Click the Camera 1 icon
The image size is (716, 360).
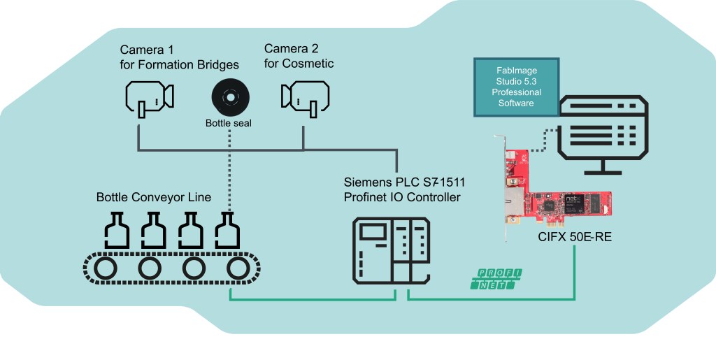pos(148,97)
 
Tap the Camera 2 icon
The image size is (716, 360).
pos(304,97)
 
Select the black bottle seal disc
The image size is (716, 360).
pos(228,96)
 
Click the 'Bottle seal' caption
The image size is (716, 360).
pos(228,124)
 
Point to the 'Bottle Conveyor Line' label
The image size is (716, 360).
pos(153,197)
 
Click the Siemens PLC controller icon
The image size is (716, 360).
pos(390,250)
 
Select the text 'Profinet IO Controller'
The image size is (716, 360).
pos(402,198)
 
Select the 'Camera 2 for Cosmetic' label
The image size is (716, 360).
pos(299,57)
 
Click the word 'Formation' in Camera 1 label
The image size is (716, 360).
pos(167,65)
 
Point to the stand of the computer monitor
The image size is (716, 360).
pos(603,168)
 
